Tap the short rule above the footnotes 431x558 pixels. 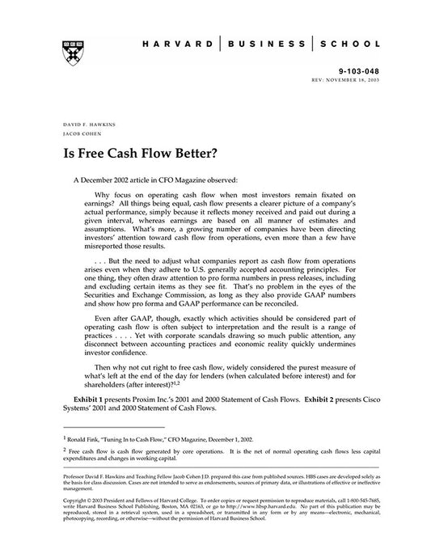click(x=113, y=427)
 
